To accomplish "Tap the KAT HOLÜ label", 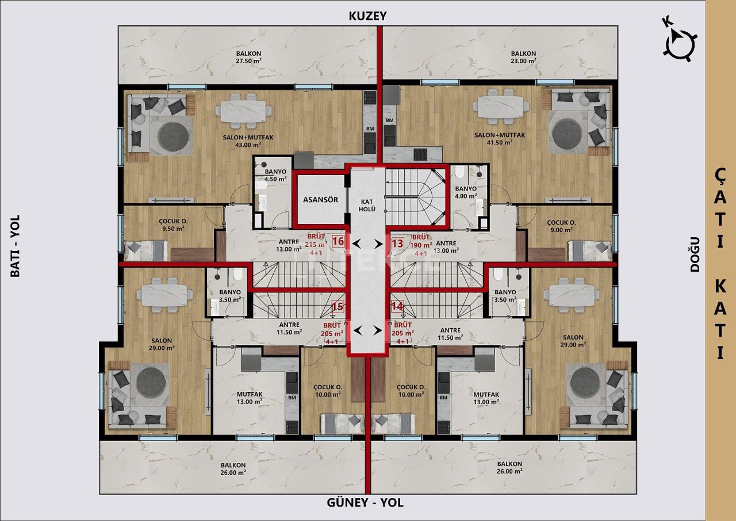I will tap(368, 205).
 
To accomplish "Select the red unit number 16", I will tap(338, 242).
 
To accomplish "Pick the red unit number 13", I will tap(397, 244).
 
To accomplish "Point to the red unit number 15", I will tap(338, 307).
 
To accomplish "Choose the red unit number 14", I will tap(397, 307).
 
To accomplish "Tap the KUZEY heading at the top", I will tap(368, 16).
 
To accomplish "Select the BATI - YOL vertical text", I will tap(15, 246).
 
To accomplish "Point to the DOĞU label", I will tap(695, 254).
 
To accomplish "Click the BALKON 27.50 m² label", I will tap(248, 57).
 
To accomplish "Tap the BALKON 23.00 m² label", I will tap(523, 57).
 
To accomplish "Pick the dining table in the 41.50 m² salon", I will tap(501, 109).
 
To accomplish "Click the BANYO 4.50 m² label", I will tap(275, 175).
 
